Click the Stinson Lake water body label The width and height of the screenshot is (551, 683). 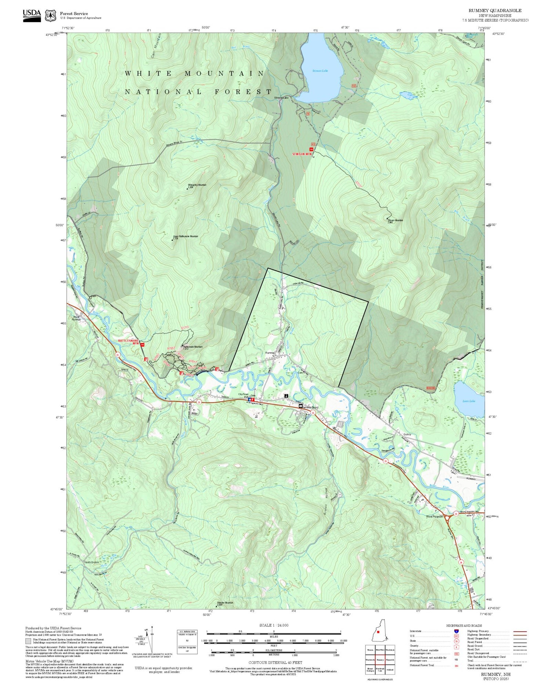[x=320, y=71]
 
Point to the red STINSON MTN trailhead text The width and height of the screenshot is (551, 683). [x=302, y=154]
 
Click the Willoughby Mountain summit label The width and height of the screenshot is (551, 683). [x=197, y=185]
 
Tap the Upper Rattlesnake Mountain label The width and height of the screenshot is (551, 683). [x=186, y=236]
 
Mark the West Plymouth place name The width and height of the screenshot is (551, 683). [x=435, y=516]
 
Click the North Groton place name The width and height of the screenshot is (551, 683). [x=92, y=562]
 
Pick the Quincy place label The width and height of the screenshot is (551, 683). [x=407, y=434]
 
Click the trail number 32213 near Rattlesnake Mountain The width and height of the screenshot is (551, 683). [x=184, y=327]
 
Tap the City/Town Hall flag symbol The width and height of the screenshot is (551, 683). [x=250, y=399]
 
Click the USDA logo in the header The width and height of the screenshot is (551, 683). [x=32, y=15]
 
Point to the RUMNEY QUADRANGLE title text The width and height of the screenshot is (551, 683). [x=495, y=10]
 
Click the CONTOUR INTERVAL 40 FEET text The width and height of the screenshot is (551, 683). [x=275, y=662]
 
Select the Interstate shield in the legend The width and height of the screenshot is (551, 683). [x=457, y=631]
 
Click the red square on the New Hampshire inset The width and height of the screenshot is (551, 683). [x=378, y=632]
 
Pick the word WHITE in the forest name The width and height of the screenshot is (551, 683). [x=149, y=73]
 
